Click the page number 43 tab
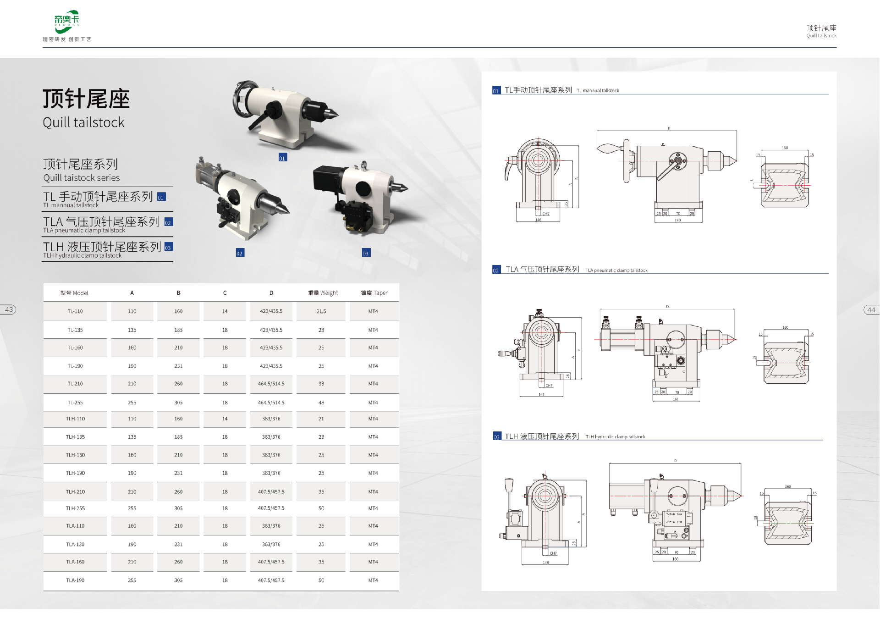pos(9,309)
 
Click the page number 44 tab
pos(871,310)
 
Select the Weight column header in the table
pos(323,293)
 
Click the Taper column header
pos(374,293)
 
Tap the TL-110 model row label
pos(75,311)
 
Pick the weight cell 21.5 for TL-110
pos(321,311)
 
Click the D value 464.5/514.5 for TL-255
pos(271,403)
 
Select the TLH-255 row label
pos(75,508)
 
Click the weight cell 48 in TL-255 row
pos(321,403)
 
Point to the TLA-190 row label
pos(75,580)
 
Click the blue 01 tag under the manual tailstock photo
pos(282,158)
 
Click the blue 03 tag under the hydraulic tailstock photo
pos(366,253)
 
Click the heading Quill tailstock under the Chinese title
pos(83,122)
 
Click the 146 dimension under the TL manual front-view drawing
pos(538,220)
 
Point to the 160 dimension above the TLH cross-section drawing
pos(787,486)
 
